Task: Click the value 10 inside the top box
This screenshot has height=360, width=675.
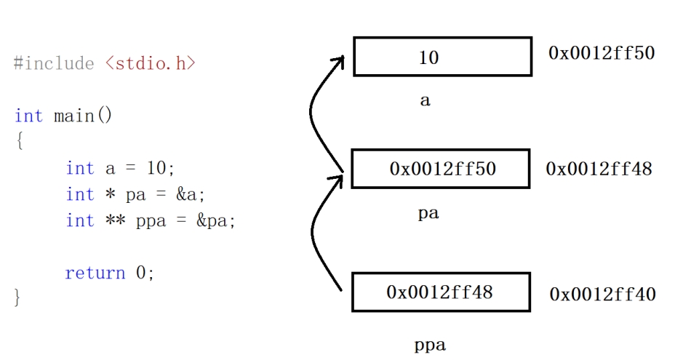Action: (429, 57)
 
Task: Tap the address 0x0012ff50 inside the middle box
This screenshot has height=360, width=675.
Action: (442, 169)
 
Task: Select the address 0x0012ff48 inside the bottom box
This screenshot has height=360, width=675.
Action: (439, 292)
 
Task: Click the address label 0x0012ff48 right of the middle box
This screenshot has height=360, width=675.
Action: (599, 169)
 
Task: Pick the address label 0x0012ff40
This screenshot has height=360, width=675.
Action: (602, 295)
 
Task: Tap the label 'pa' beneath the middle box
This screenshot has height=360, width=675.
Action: (428, 215)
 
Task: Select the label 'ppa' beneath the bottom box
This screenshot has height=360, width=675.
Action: (429, 345)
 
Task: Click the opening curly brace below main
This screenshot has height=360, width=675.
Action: (18, 142)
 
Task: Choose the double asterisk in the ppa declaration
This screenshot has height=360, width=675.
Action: (116, 220)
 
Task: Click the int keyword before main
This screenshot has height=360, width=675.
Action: (28, 116)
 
